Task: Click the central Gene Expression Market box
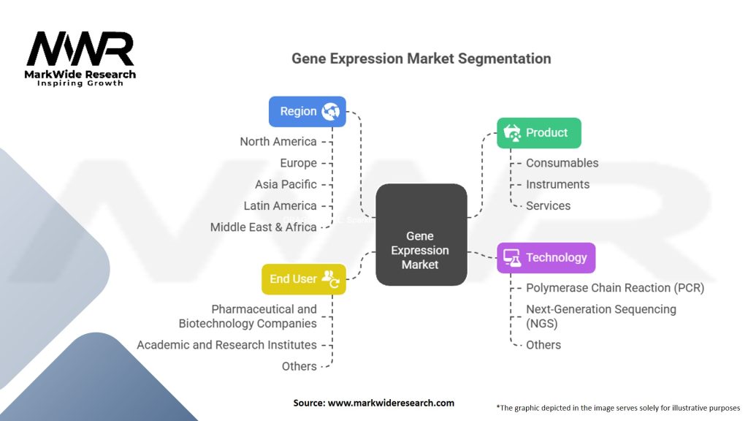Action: tap(421, 235)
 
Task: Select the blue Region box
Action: tap(307, 111)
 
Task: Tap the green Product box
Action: tap(538, 133)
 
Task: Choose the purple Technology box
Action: tap(546, 257)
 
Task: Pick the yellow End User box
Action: tap(303, 278)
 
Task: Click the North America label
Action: tap(278, 142)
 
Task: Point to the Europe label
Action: tap(298, 163)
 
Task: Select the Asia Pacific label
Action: tap(286, 184)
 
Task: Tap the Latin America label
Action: tap(280, 206)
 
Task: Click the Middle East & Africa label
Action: tap(263, 227)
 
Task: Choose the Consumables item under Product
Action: tap(562, 163)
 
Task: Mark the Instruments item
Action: tap(557, 184)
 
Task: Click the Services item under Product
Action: tap(548, 206)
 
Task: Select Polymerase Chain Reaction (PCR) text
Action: tap(615, 288)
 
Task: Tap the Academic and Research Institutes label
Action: tap(226, 345)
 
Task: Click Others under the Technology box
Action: tap(543, 345)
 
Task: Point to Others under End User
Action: tap(299, 366)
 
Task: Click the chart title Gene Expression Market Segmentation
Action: tap(421, 58)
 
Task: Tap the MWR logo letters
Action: tap(80, 50)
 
